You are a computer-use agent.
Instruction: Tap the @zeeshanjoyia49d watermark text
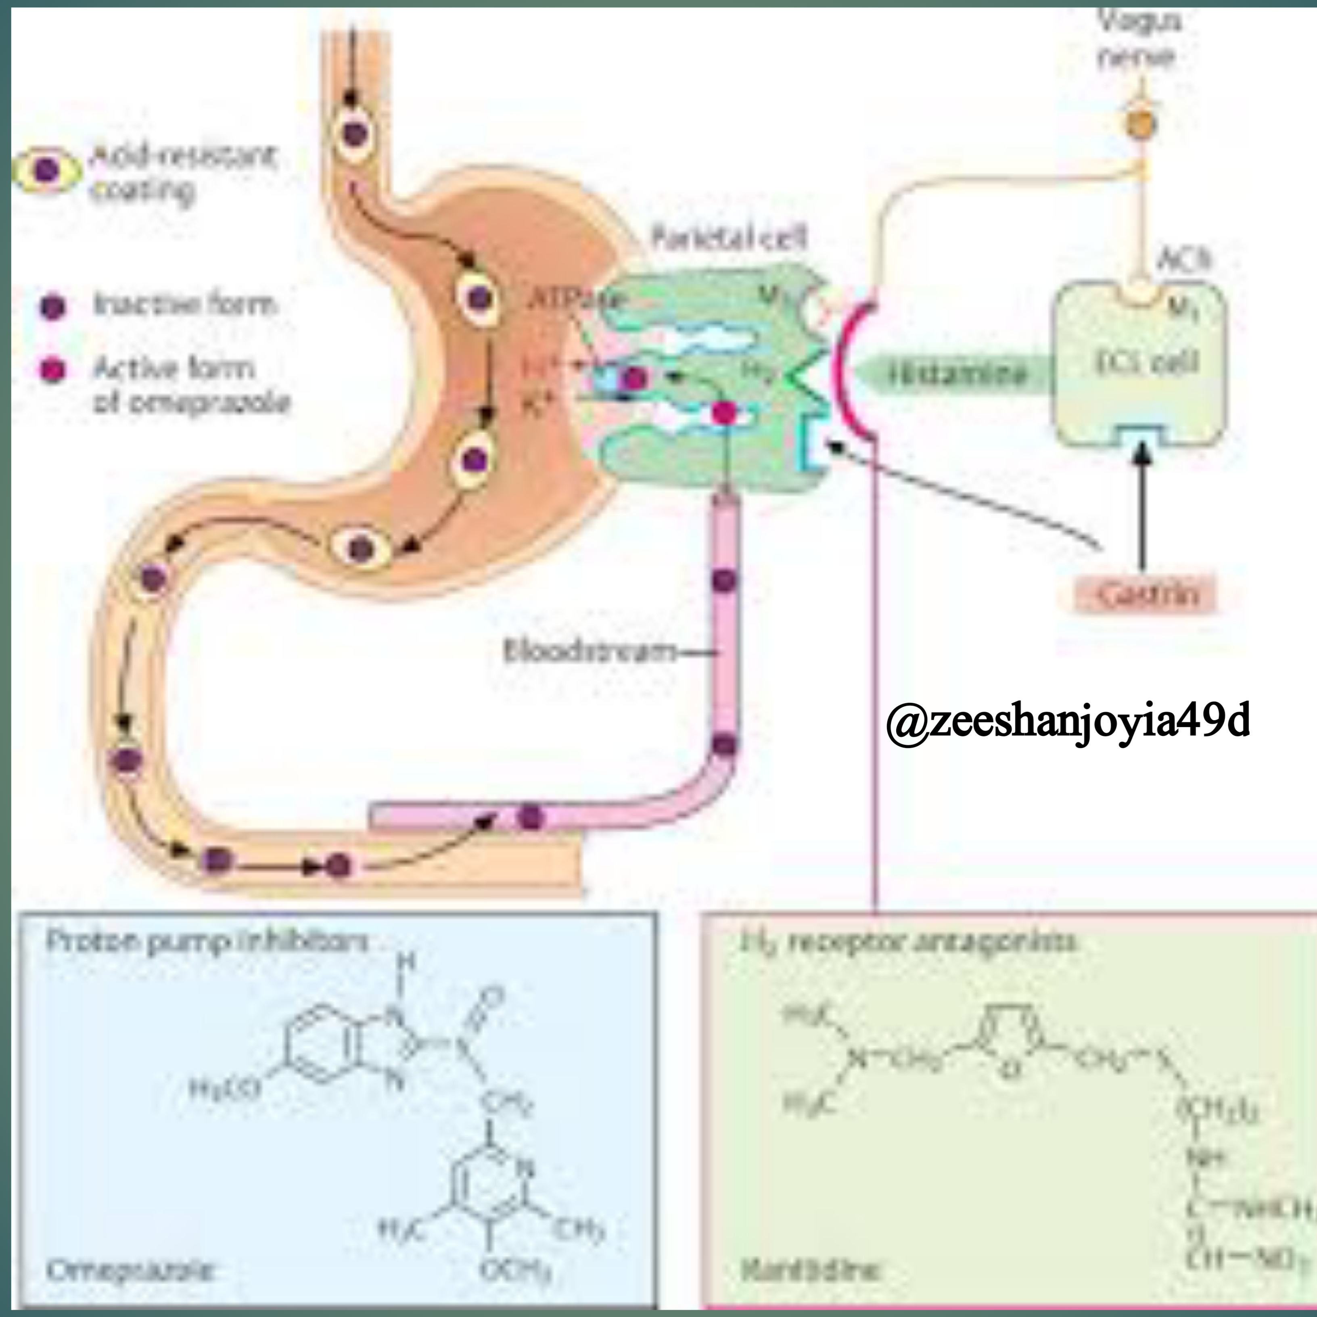(x=1068, y=721)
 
